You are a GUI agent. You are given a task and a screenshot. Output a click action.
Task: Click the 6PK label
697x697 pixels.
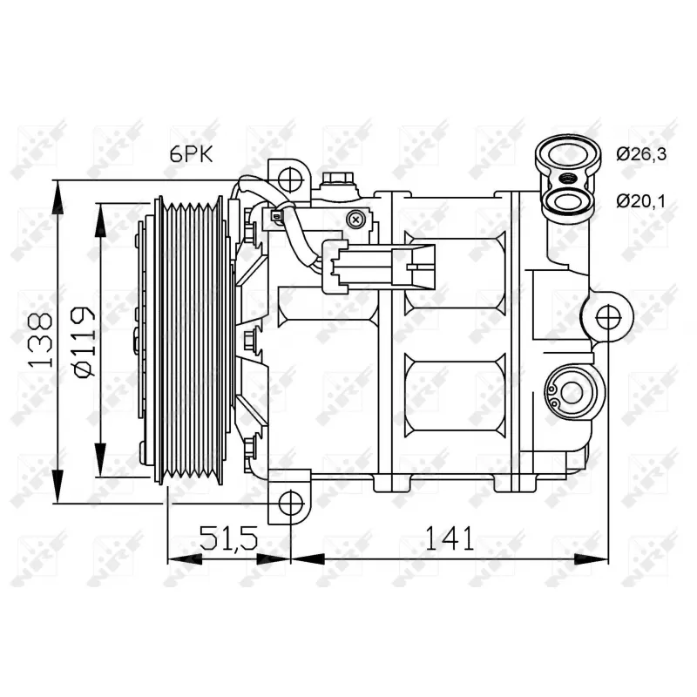pos(191,153)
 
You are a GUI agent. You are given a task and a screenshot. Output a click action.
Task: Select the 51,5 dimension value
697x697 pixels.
pos(229,538)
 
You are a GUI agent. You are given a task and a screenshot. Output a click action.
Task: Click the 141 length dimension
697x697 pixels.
pos(450,538)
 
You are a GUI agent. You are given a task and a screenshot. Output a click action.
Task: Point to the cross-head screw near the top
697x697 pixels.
pos(355,220)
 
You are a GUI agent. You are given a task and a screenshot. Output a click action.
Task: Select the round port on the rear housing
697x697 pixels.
pos(571,392)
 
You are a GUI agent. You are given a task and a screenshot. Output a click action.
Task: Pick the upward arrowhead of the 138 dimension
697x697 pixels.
pos(58,196)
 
